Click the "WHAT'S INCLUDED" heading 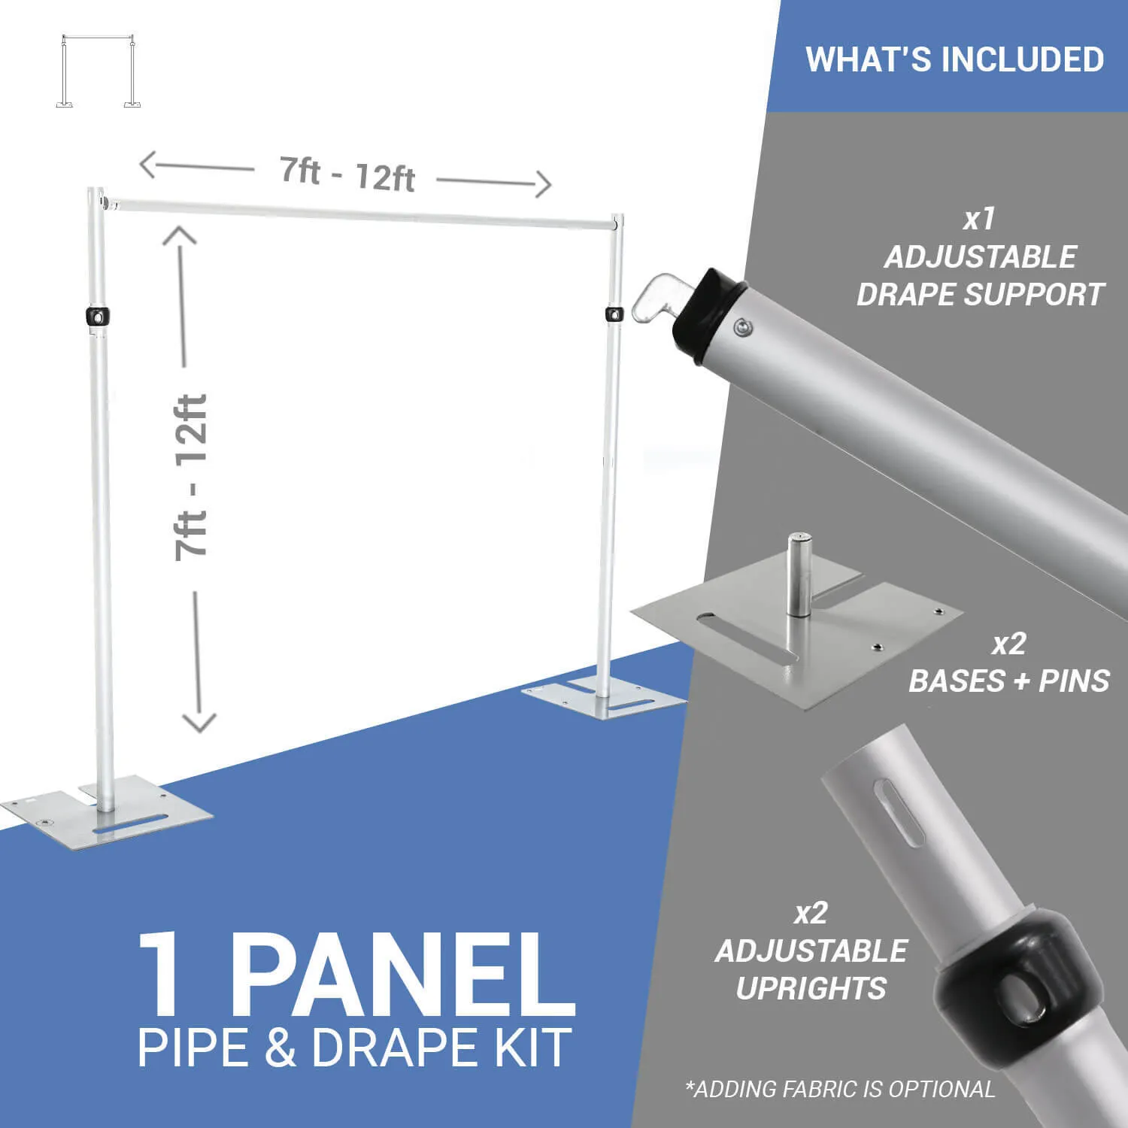pos(954,59)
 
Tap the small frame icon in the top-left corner pos(99,71)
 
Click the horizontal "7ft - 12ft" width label pos(347,174)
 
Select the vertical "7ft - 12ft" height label pos(191,478)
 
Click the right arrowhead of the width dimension pos(543,184)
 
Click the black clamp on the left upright pos(97,317)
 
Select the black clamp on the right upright pos(614,314)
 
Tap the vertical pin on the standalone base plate pos(799,575)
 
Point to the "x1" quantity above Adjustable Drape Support pos(979,219)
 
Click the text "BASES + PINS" pos(1008,681)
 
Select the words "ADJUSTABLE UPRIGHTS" pos(811,969)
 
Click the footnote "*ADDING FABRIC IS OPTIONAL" pos(840,1089)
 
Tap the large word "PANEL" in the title pos(399,975)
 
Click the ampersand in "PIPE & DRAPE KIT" pos(280,1048)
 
